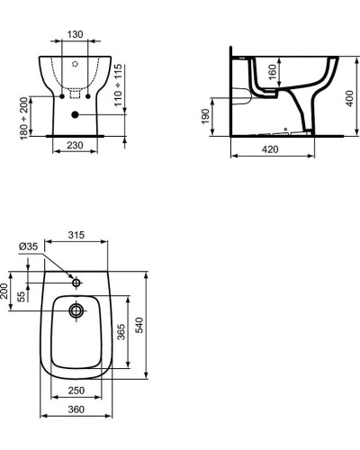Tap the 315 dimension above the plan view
pos(76,236)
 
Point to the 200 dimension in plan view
pos(5,291)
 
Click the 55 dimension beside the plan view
pos(22,298)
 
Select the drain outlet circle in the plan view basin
pos(76,311)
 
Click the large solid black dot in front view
pos(76,114)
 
